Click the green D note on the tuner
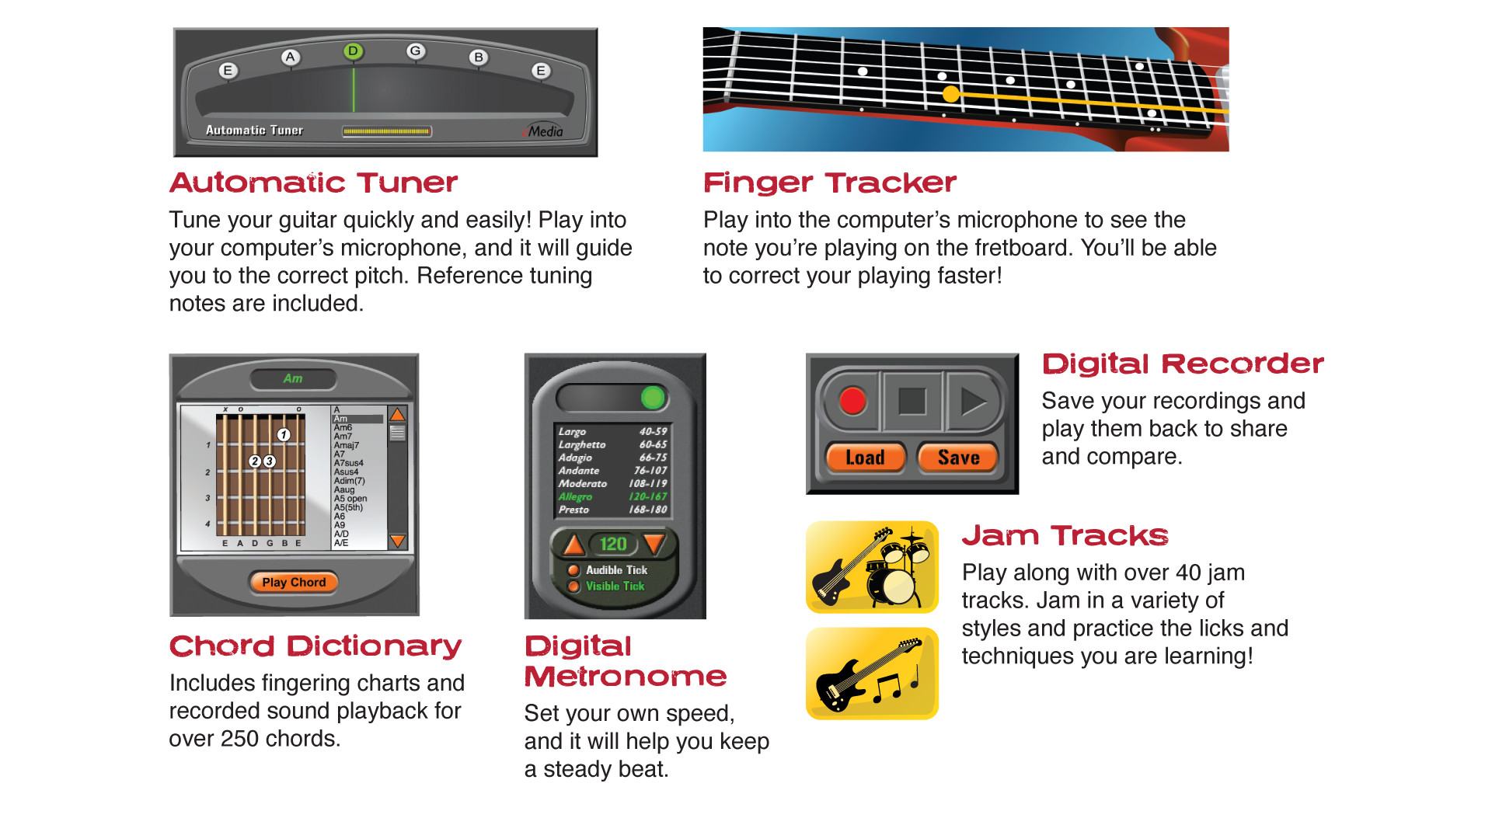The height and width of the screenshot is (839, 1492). (x=353, y=51)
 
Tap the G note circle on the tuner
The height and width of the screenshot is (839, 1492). (x=415, y=51)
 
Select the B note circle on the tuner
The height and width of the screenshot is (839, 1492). (x=478, y=57)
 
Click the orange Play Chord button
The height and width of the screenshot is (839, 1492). (x=294, y=582)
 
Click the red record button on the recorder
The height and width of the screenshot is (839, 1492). (x=852, y=401)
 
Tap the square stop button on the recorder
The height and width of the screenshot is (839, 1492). (x=912, y=401)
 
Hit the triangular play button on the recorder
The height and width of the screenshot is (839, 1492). (x=974, y=401)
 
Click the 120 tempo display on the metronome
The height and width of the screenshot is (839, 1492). (x=613, y=544)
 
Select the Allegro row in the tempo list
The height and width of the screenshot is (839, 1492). (x=612, y=496)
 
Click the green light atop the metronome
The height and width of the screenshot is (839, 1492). (x=653, y=398)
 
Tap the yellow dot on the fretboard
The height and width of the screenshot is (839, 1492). (x=951, y=94)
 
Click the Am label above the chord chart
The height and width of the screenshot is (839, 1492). (x=293, y=378)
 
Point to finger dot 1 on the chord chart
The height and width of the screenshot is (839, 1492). (x=284, y=435)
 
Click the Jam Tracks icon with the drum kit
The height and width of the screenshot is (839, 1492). (x=872, y=567)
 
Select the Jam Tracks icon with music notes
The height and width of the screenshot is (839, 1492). (x=872, y=674)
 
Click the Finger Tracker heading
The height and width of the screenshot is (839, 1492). (x=830, y=183)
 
